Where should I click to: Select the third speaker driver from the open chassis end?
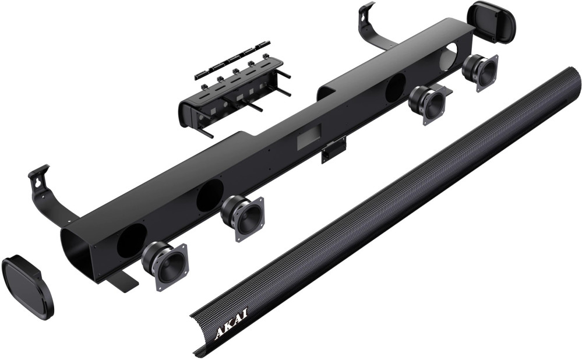click(x=427, y=104)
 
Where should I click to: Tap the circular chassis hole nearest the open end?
click(x=132, y=239)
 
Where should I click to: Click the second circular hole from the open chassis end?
click(x=210, y=195)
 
